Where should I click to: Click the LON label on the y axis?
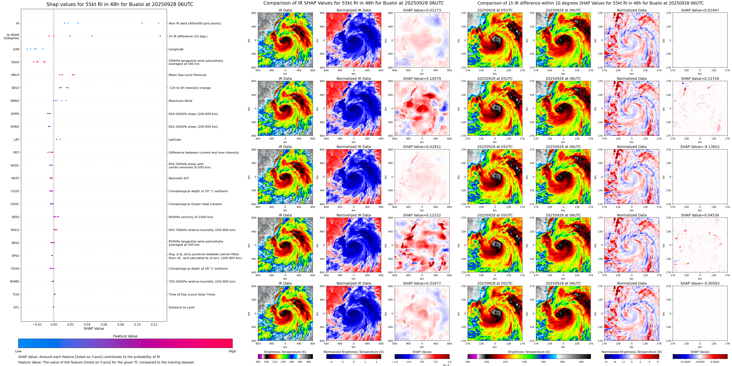[x=16, y=49]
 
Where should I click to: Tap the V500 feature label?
[x=15, y=62]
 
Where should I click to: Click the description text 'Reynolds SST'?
[x=179, y=178]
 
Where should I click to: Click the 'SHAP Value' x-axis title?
[x=94, y=328]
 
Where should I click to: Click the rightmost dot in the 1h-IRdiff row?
[x=160, y=36]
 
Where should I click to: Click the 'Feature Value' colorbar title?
[x=125, y=336]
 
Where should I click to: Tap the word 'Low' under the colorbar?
[x=18, y=351]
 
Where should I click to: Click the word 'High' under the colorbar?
[x=232, y=351]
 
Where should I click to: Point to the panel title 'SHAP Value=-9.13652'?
[x=700, y=147]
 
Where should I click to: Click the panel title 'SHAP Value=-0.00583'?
[x=700, y=283]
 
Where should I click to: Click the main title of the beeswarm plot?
[x=120, y=5]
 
